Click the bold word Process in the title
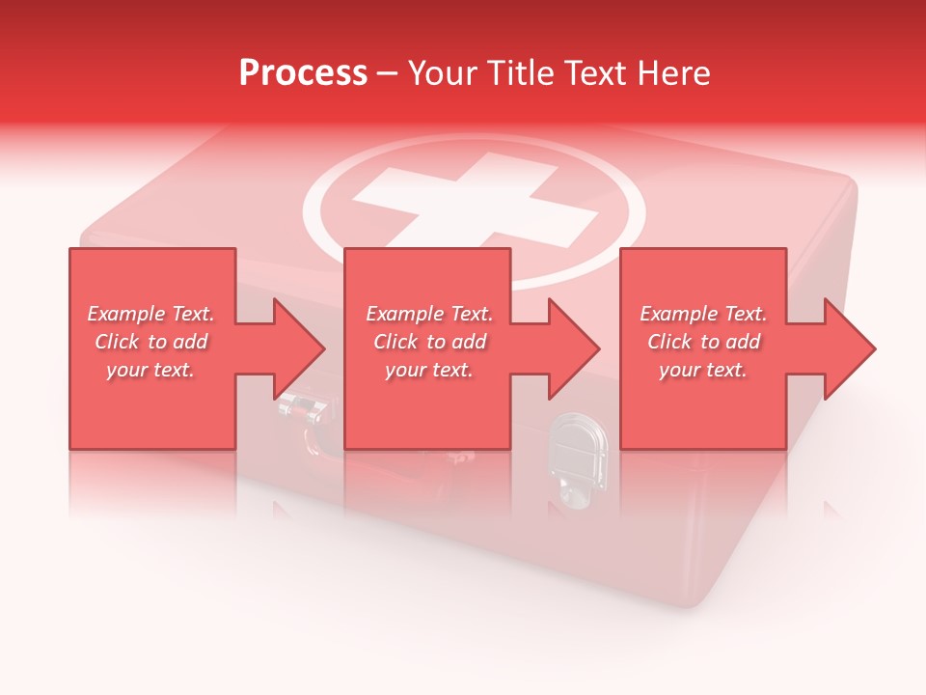pyautogui.click(x=303, y=73)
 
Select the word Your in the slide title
pyautogui.click(x=445, y=73)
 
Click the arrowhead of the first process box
pyautogui.click(x=300, y=348)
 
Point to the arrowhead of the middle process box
pyautogui.click(x=575, y=348)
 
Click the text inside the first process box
pyautogui.click(x=150, y=342)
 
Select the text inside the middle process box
pyautogui.click(x=429, y=342)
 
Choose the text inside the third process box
pyautogui.click(x=703, y=342)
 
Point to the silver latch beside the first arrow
pyautogui.click(x=300, y=409)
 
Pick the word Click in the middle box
pyautogui.click(x=395, y=342)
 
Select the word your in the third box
pyautogui.click(x=681, y=370)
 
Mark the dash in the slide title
pyautogui.click(x=388, y=74)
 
